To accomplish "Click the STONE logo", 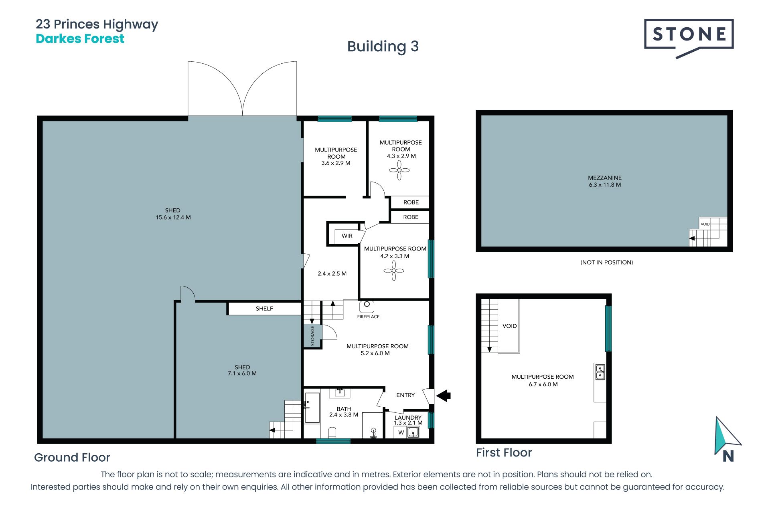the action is (689, 38).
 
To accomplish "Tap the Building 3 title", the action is (383, 46).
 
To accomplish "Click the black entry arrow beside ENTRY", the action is (444, 396).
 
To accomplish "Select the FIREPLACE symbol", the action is (367, 306).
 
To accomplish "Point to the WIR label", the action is (347, 236).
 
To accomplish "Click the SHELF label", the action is (264, 309).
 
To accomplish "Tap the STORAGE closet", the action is (312, 336).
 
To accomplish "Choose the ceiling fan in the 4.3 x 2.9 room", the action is (399, 170).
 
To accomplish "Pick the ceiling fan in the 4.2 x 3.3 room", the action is (394, 271).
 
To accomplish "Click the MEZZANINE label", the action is (605, 178).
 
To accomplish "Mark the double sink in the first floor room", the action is (600, 372).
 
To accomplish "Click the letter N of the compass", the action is (728, 456).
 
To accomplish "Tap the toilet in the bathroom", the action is (332, 432).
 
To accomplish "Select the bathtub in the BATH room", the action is (312, 408).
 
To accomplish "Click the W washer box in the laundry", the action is (401, 432).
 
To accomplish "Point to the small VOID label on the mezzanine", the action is (705, 224).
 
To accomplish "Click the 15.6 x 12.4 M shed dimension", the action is (173, 218).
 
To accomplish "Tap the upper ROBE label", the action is (411, 202).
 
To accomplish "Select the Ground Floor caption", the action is (72, 457).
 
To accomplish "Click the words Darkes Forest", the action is (80, 39).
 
